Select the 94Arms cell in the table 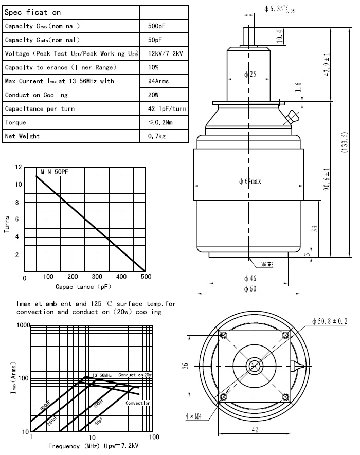point(158,81)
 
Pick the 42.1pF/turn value point(167,109)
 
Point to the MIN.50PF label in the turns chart point(55,171)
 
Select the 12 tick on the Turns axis point(19,168)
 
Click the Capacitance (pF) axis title point(82,286)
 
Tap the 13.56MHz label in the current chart point(102,375)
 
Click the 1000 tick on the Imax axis point(23,326)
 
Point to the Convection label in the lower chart point(138,403)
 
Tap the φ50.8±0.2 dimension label point(330,321)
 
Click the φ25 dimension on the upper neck point(249,74)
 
